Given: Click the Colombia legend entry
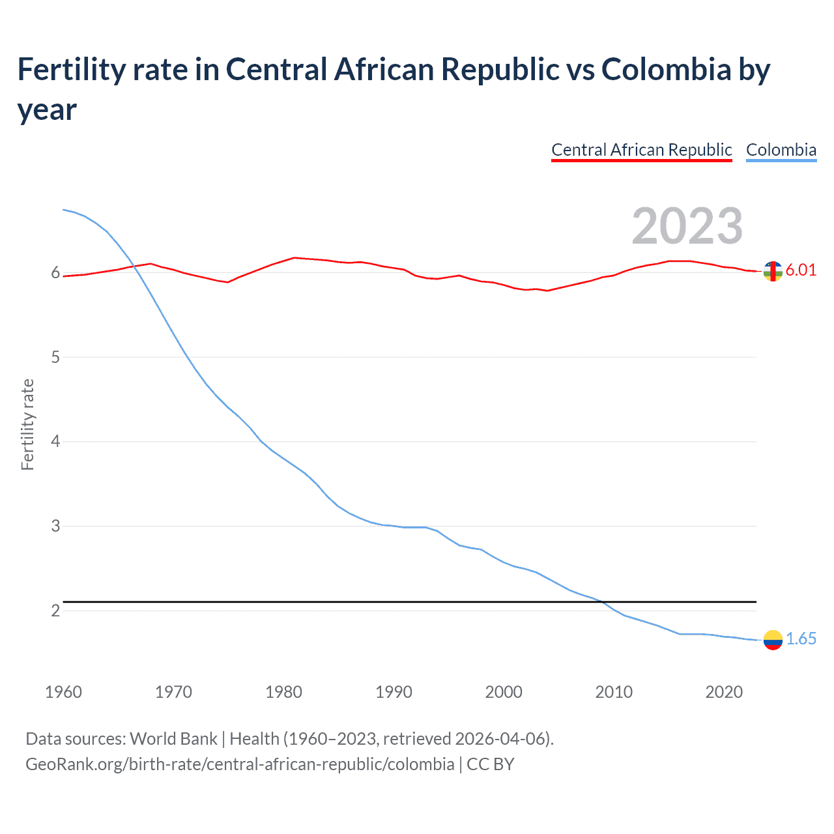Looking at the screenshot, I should (x=781, y=150).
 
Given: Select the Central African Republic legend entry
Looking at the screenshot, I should (x=641, y=150).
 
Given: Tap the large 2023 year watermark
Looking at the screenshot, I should (x=687, y=225).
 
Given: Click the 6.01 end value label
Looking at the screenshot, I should (x=801, y=270).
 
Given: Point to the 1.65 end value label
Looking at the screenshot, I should (x=801, y=639).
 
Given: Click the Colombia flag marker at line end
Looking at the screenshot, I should (x=773, y=640).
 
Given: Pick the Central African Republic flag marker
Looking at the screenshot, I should (x=773, y=271).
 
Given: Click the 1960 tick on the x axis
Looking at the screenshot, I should (x=63, y=691).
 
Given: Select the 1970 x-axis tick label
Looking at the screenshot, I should (x=173, y=691).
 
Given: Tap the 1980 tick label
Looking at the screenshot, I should (x=283, y=691).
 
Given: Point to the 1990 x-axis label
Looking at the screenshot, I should (x=394, y=691).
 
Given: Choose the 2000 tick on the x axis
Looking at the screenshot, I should (x=504, y=691).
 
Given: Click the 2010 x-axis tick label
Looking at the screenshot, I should (x=614, y=691).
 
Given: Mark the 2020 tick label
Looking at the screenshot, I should (x=724, y=691).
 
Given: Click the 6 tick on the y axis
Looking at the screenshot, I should (x=55, y=272).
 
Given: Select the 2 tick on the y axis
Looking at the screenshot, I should (x=55, y=611).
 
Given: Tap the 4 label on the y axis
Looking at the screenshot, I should (x=55, y=441).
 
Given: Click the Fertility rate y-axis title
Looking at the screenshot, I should (x=27, y=424).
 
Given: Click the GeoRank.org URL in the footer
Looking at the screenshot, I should (x=240, y=764).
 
